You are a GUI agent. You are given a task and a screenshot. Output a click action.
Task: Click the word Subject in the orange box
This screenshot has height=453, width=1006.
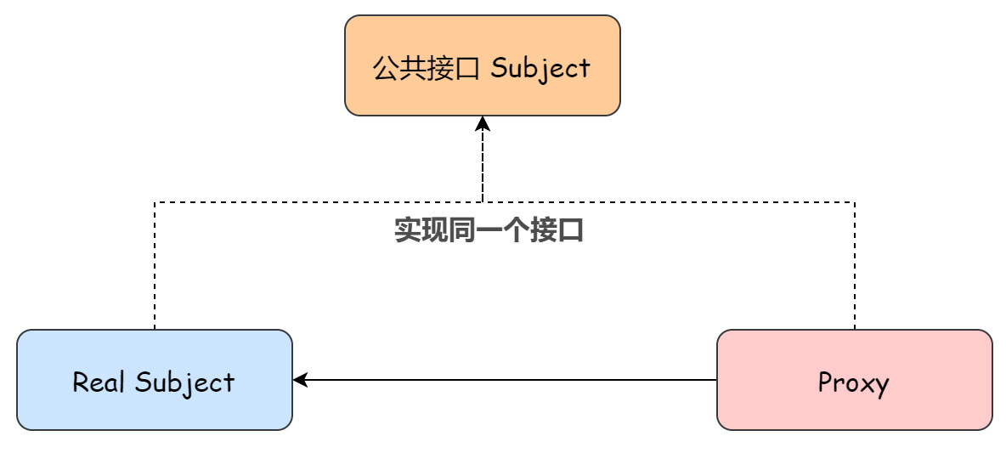[540, 68]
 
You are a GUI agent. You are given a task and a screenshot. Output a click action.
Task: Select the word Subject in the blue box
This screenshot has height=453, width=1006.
[184, 383]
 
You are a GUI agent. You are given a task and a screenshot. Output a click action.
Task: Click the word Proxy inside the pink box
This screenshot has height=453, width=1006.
[853, 383]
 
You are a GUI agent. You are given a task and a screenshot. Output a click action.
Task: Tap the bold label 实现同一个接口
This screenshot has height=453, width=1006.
[489, 230]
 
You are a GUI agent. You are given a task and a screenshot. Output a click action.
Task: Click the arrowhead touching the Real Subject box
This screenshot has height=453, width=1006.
[299, 380]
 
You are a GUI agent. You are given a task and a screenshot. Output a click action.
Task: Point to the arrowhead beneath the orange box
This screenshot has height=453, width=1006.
[483, 124]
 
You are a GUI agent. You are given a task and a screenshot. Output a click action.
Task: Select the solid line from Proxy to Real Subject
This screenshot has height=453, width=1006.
[510, 380]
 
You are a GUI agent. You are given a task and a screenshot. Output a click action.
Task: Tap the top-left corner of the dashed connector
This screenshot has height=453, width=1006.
[155, 202]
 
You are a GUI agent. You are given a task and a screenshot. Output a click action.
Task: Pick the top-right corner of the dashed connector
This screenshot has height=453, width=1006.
[854, 202]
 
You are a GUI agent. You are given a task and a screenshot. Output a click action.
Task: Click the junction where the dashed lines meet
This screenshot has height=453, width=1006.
[483, 202]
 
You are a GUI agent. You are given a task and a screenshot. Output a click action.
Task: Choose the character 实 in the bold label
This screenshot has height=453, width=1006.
[408, 230]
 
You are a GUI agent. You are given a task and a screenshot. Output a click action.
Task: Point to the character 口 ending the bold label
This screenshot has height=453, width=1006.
[571, 230]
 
